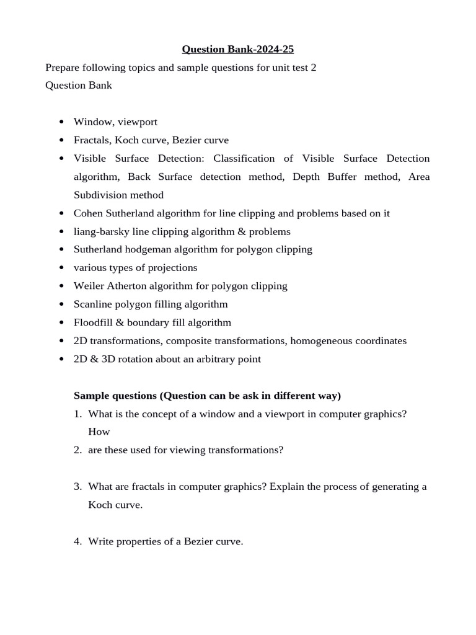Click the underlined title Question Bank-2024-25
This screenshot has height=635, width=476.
click(x=237, y=49)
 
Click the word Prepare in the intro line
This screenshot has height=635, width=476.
click(x=63, y=67)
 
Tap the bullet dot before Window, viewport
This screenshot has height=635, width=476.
click(x=61, y=122)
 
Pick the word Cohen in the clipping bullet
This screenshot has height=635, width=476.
click(x=88, y=213)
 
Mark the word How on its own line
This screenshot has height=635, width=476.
click(x=99, y=432)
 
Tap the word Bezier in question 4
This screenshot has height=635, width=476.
click(x=198, y=541)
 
